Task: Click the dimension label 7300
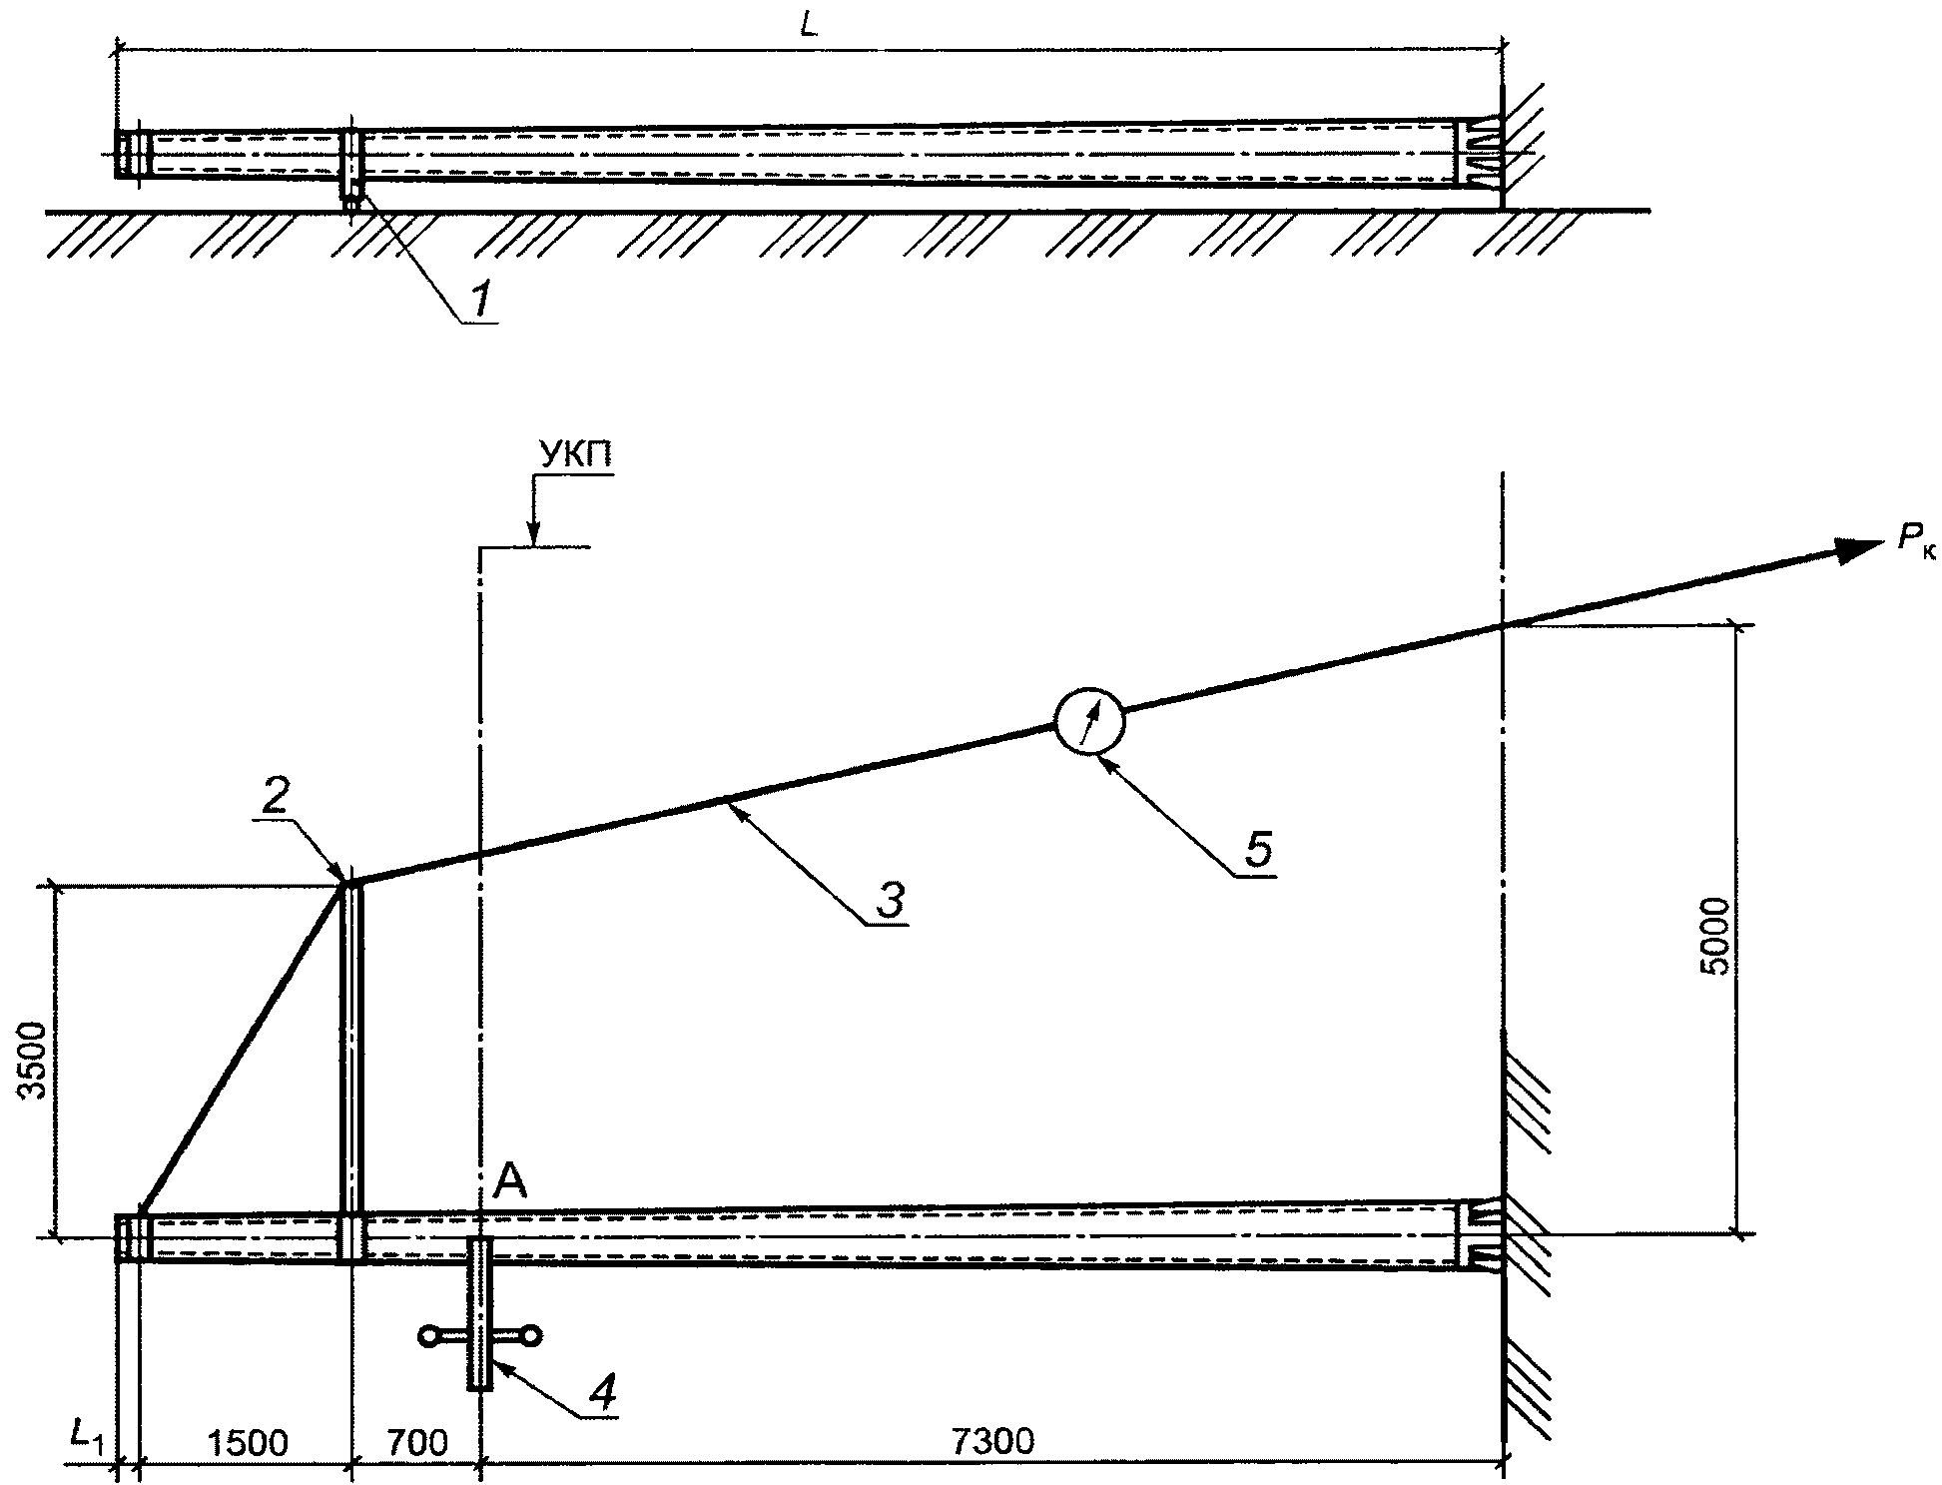click(x=992, y=1441)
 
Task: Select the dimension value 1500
click(x=247, y=1443)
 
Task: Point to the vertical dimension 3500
click(x=35, y=1061)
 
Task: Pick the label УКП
click(x=576, y=455)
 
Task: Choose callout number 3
click(x=890, y=901)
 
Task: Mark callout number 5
click(x=1257, y=851)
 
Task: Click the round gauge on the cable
click(x=1089, y=720)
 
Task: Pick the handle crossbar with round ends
click(x=480, y=1333)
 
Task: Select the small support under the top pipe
click(x=350, y=196)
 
